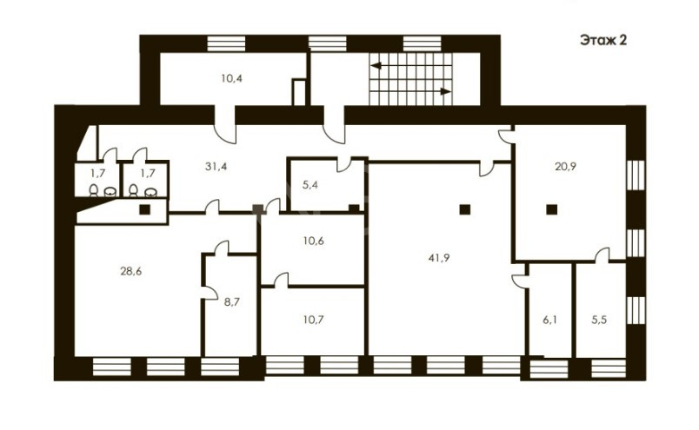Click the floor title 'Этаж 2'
[603, 40]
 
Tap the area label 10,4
[232, 79]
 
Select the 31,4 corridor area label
[216, 167]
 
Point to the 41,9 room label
[439, 257]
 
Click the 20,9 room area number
[565, 167]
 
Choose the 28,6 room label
[131, 271]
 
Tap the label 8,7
[232, 302]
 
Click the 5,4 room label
[310, 184]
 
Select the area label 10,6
[313, 241]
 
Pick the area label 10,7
[313, 320]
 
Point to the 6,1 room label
[550, 320]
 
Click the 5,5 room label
[600, 320]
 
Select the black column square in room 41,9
[465, 209]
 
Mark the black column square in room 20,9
[552, 209]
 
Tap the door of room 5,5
[602, 255]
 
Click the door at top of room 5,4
[343, 165]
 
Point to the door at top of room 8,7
[222, 248]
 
